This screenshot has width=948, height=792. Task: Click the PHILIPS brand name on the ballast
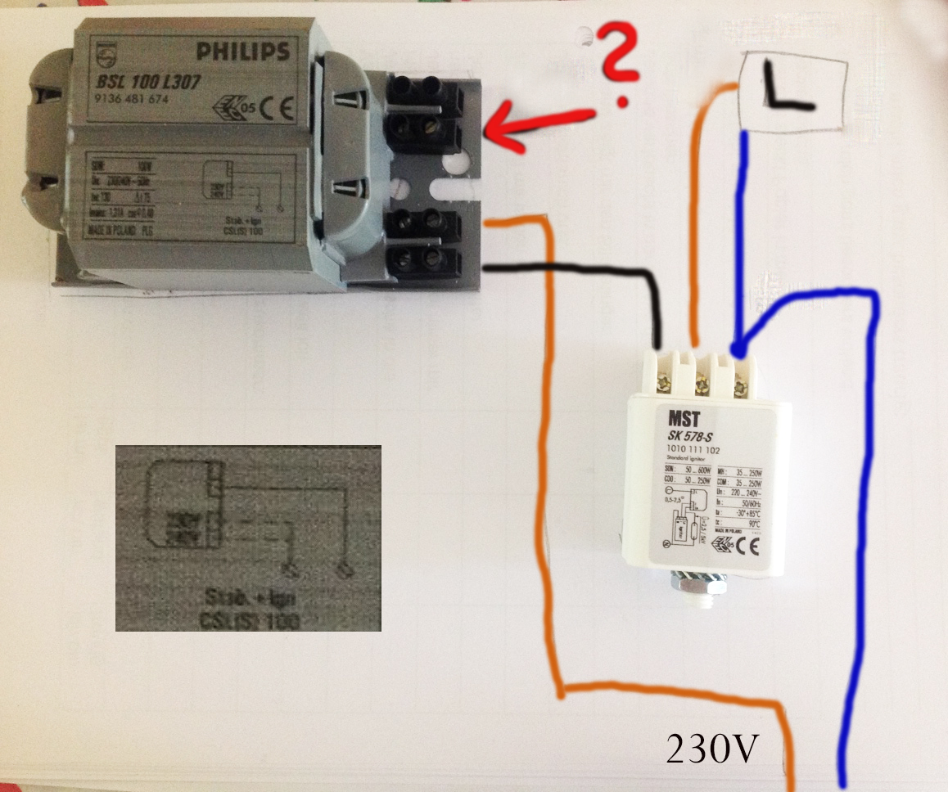click(242, 52)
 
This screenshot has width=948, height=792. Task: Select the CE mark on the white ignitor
click(750, 544)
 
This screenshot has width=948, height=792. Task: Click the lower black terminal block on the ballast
click(426, 242)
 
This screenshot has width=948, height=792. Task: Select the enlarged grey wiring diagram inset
click(248, 538)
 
